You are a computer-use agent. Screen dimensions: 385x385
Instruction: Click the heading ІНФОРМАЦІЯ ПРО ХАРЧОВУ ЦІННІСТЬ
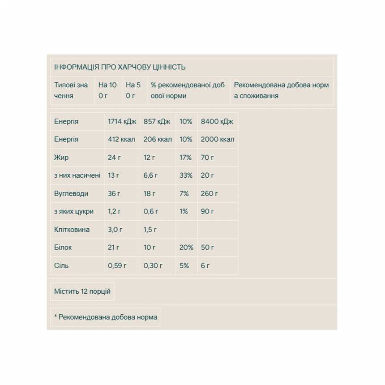click(120, 67)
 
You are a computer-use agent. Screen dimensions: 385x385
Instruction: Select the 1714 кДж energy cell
click(122, 121)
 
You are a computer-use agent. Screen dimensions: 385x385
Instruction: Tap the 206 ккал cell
click(158, 139)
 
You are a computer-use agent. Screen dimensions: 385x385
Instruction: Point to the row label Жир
click(61, 158)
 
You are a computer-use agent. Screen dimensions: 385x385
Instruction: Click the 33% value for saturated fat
click(186, 175)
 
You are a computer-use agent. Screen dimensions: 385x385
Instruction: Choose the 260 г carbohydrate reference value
click(210, 193)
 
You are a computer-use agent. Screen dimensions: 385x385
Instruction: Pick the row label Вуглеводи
click(71, 193)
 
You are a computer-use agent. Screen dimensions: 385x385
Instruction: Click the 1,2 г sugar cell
click(115, 211)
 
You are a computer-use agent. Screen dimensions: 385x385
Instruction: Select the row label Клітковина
click(72, 230)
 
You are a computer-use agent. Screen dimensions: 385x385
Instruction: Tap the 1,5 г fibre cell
click(150, 230)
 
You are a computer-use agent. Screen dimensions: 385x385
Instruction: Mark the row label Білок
click(63, 248)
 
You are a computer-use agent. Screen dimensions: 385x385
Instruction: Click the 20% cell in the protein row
click(186, 248)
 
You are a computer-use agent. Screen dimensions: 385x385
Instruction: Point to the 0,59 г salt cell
click(118, 265)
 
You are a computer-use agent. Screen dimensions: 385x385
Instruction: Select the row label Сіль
click(61, 265)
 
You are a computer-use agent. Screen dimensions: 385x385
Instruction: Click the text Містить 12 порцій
click(82, 291)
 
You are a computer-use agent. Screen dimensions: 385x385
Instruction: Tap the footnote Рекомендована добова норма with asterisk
click(106, 317)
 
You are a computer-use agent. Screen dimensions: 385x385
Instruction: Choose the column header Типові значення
click(71, 90)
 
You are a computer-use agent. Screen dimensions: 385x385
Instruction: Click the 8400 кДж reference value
click(217, 121)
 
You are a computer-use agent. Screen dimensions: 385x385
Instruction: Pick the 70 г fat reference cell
click(207, 158)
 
